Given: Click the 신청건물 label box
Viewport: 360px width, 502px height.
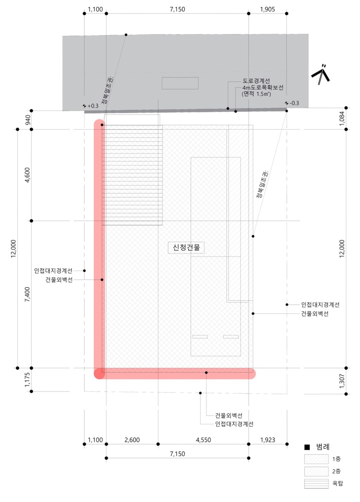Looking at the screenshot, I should coord(186,248).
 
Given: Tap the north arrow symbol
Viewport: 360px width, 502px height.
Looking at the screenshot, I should coord(321,75).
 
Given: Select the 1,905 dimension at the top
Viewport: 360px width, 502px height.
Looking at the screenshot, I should coord(267,9).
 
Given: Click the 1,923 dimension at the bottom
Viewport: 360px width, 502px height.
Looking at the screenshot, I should coord(268,440).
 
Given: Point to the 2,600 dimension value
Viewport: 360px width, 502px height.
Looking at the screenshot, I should coord(132,440).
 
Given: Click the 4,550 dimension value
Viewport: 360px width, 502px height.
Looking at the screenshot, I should coord(203,440).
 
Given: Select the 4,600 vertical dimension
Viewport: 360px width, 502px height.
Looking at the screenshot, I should coord(27,175).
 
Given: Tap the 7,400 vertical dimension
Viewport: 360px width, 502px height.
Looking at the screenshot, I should coord(27,294).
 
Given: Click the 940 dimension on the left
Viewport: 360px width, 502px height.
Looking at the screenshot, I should coord(28,120).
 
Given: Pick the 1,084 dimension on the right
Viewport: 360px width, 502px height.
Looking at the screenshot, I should coord(342,119).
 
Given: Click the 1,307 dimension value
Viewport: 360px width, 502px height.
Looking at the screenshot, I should coord(342,381).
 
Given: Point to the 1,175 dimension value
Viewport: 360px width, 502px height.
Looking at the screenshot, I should coord(27,380).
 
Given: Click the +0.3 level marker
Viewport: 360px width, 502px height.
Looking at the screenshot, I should coord(91,106).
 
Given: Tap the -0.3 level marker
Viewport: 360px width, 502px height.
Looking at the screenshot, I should coord(292,103).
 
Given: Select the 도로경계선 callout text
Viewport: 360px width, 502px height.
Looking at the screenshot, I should coord(256,81).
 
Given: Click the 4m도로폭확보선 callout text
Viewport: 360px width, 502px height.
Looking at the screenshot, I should coord(263,87).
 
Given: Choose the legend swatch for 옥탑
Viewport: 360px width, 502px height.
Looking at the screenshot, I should coord(316,483).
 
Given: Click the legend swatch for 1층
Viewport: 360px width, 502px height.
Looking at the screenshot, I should coord(316,459).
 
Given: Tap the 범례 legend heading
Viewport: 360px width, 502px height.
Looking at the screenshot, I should coord(322,447).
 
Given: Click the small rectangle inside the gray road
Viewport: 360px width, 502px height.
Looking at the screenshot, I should coord(180,83).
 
